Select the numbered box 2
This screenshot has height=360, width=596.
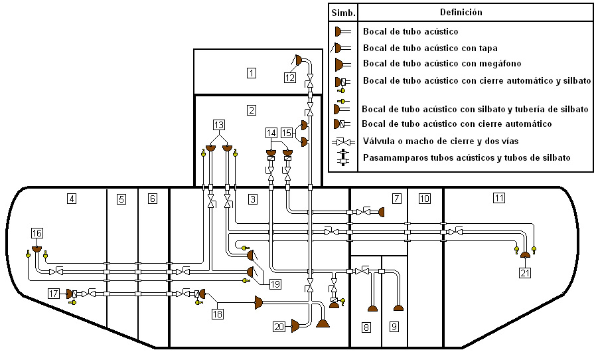click(x=251, y=111)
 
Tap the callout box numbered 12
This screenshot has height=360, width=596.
click(x=290, y=77)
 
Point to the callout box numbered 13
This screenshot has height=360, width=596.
click(x=219, y=124)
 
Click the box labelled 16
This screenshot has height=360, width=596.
click(x=37, y=232)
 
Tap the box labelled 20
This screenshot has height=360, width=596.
click(x=279, y=326)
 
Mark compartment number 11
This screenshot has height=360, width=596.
click(x=499, y=197)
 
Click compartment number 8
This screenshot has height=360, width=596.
click(x=366, y=327)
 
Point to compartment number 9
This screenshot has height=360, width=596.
click(x=394, y=327)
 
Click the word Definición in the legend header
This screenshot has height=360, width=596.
click(x=461, y=13)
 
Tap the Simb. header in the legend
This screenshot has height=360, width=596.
click(x=344, y=13)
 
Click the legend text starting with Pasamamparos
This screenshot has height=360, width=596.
click(x=467, y=158)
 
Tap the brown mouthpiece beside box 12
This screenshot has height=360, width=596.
click(x=299, y=60)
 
